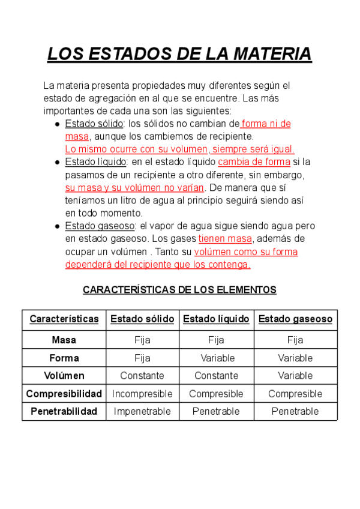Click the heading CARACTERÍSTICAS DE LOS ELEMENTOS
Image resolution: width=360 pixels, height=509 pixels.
coord(179,290)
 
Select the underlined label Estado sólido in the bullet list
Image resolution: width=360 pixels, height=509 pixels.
coord(94,124)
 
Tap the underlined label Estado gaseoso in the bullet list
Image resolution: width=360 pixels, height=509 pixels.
coord(100,226)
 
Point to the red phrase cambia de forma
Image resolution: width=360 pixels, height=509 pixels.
coord(254,162)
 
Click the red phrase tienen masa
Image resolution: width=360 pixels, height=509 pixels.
coord(226,239)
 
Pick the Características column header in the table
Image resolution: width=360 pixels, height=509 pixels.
coord(64,319)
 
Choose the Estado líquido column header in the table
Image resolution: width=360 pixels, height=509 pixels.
coord(216,319)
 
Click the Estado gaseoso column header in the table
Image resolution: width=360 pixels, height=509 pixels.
coord(295,319)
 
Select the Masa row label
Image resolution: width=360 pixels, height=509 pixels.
coord(64,340)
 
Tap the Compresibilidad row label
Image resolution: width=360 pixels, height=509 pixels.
coord(64,394)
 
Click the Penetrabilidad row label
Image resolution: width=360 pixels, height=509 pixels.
coord(64,412)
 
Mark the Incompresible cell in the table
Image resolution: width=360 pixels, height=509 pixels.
coord(142,394)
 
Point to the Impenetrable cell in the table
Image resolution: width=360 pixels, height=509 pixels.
coord(142,412)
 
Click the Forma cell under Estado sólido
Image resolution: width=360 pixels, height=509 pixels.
coord(142,358)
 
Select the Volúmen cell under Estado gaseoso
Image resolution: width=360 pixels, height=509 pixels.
coord(295,376)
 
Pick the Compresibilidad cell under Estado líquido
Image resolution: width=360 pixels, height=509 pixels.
coord(216,394)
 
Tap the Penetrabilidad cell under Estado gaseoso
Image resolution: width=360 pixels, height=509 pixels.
coord(295,412)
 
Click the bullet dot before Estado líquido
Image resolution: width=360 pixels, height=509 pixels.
coord(56,162)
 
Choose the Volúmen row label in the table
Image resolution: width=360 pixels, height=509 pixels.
coord(64,376)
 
